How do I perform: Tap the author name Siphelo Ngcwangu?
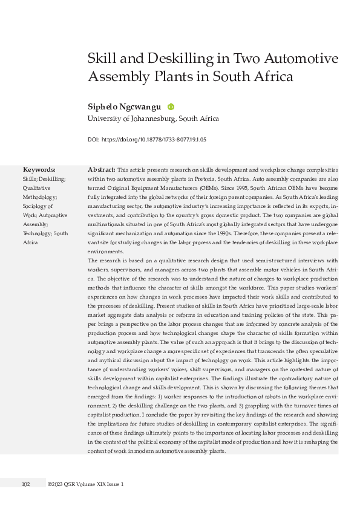click(124, 106)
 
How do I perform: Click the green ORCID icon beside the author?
click(171, 106)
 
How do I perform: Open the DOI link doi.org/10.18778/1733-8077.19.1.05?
click(154, 140)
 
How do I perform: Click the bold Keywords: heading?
click(39, 170)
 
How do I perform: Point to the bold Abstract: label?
click(102, 170)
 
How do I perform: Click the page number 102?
click(26, 484)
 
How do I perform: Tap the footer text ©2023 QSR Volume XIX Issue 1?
click(85, 484)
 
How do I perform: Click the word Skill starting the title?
click(102, 59)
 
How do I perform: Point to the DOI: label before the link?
click(93, 140)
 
